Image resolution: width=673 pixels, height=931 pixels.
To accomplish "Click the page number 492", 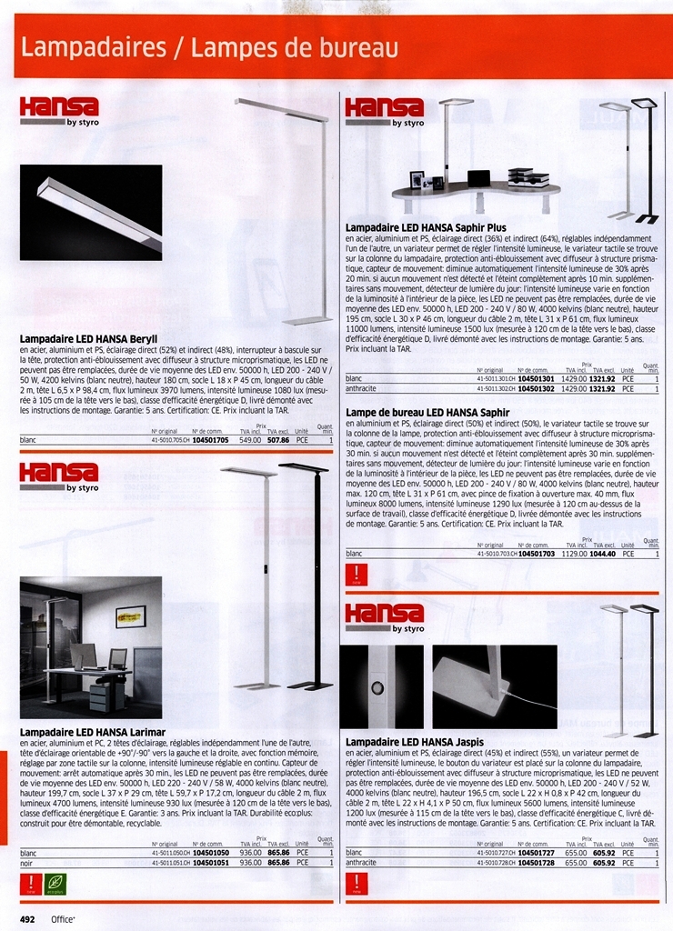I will click(x=27, y=919).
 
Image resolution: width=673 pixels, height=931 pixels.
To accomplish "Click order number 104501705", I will click(x=212, y=440).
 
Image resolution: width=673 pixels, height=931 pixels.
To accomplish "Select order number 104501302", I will click(x=537, y=388).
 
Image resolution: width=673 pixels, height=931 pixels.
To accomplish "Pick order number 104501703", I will click(x=537, y=553).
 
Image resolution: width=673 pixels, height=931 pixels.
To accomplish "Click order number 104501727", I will click(x=537, y=853).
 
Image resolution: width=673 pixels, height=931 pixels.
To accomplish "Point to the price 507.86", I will click(x=278, y=440).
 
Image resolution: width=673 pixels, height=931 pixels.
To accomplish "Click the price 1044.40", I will click(x=603, y=553).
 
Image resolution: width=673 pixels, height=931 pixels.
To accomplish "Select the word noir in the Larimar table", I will click(x=26, y=863).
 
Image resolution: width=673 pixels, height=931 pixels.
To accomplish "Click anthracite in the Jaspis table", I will click(x=361, y=863).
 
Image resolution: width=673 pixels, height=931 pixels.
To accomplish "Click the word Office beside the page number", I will click(x=63, y=919).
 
